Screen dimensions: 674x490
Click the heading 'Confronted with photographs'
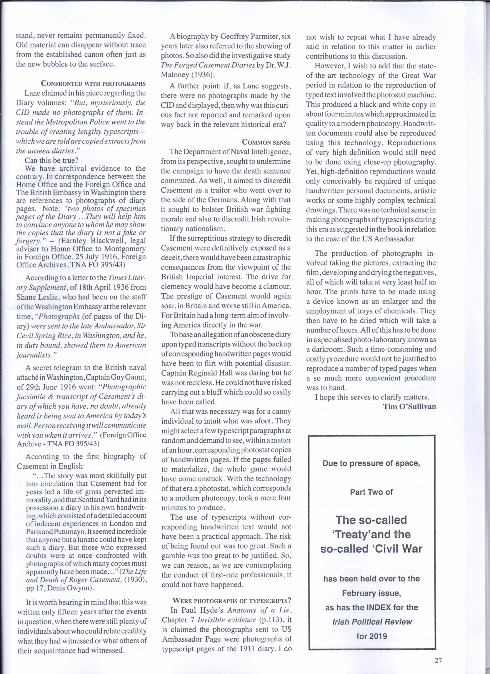tap(93, 83)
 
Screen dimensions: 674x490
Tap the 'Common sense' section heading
tap(266, 142)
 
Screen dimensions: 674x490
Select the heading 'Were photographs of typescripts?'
tap(232, 601)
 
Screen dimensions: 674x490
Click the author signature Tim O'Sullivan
tap(409, 406)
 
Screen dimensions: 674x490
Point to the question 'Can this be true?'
tap(51, 161)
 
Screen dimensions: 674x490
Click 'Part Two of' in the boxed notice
tap(371, 492)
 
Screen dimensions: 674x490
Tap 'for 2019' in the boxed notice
tap(372, 636)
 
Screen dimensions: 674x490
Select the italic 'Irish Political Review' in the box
tap(372, 622)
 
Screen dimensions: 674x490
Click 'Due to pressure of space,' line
tap(371, 463)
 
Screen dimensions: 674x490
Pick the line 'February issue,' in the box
tap(371, 593)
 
